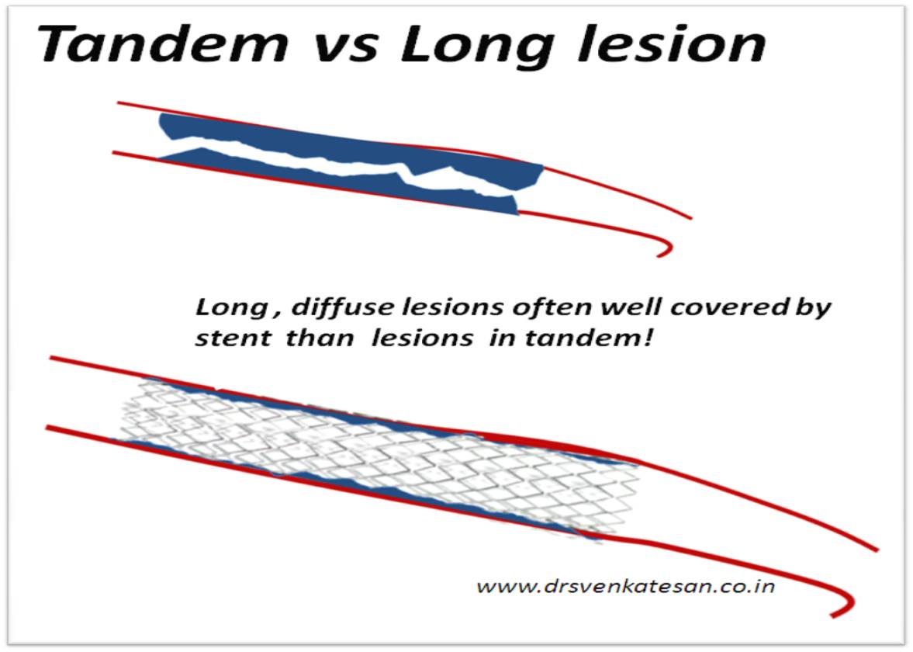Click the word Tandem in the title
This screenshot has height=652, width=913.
tap(164, 44)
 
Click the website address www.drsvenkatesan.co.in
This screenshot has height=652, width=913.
tap(625, 585)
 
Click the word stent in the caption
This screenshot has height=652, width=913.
tap(233, 338)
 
